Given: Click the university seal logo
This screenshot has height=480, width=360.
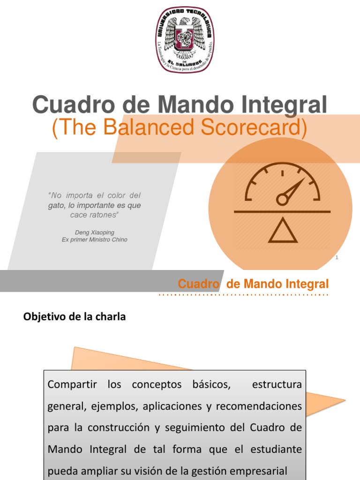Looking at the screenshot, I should pos(185,40).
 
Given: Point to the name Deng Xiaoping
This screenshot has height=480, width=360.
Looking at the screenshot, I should pos(94,232).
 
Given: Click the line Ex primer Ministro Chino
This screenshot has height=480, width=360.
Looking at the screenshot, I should pos(94,240).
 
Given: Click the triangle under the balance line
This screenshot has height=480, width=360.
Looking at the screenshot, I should pos(282,231).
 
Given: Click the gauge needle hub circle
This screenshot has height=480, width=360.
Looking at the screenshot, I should pos(282,200).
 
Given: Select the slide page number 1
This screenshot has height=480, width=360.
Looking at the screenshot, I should pos(337,257).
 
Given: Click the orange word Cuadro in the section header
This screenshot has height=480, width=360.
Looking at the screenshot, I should pos(199,284).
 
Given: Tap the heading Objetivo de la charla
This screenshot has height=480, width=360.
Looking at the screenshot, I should pos(75,317).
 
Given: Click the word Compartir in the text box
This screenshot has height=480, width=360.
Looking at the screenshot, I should pos(72,385).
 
